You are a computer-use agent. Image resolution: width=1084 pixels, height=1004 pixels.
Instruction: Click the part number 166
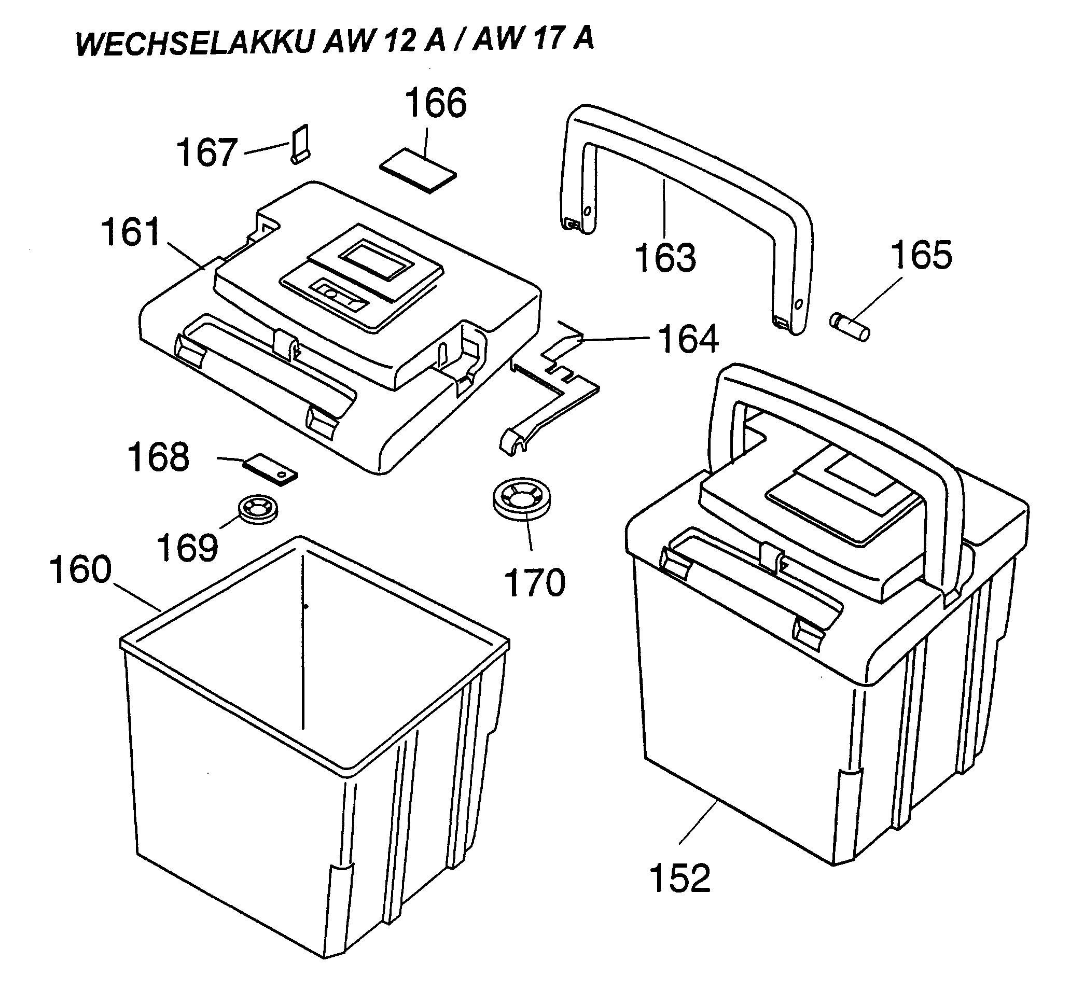(436, 103)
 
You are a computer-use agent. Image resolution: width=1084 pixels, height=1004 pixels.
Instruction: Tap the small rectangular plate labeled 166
(418, 170)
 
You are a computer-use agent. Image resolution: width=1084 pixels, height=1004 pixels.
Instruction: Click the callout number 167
(207, 152)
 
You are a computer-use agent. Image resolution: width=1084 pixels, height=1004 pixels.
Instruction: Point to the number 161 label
(131, 231)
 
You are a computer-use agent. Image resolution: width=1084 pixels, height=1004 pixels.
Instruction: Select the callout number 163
(665, 258)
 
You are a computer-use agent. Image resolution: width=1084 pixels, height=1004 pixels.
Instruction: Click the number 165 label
(921, 255)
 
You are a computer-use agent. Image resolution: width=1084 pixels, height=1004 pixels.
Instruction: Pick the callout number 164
(688, 339)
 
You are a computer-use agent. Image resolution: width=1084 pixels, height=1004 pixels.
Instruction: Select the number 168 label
(158, 457)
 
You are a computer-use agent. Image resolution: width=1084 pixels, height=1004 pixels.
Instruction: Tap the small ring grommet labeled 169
(258, 509)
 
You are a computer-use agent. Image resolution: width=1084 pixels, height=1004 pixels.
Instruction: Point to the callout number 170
(535, 583)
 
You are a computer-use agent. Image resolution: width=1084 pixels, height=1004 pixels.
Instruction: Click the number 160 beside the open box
(80, 570)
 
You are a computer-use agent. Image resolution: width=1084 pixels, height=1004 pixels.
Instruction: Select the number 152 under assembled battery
(680, 878)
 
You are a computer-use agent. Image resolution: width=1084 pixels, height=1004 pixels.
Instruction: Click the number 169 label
(187, 548)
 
